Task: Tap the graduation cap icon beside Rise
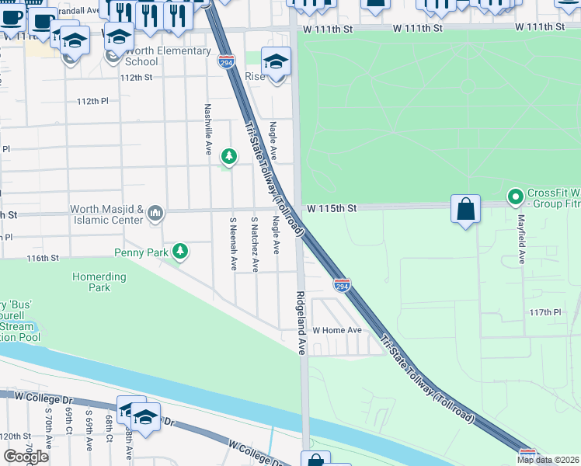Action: tap(276, 61)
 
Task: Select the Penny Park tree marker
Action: tap(180, 251)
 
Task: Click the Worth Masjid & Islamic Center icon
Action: tap(155, 213)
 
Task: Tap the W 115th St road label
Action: tap(331, 209)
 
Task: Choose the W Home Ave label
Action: tap(337, 330)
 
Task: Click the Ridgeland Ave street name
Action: tap(301, 323)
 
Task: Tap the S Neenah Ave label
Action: tap(233, 244)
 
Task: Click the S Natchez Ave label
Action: tap(254, 244)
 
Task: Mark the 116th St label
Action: tap(43, 258)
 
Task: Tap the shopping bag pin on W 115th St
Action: tap(465, 210)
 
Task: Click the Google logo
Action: tap(26, 457)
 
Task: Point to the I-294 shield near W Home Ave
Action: tap(341, 286)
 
